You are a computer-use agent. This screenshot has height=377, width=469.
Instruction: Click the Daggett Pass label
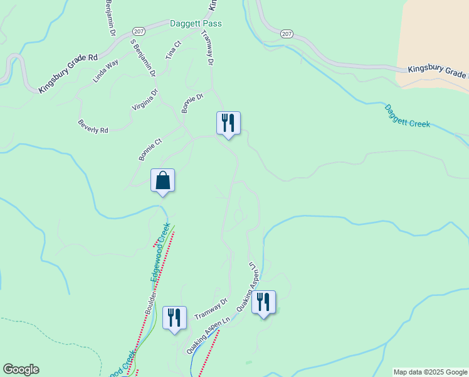pos(196,24)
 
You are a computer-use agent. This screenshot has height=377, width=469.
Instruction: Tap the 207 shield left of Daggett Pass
pos(139,31)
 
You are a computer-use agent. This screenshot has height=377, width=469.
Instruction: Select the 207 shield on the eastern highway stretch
pos(287,34)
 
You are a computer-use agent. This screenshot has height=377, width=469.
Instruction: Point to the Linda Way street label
pos(105,72)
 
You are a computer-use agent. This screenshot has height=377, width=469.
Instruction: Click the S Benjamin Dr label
pos(142,58)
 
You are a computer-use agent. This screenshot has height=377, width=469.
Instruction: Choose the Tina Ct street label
pos(173,50)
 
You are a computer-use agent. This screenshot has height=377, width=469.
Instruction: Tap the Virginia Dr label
pos(145,99)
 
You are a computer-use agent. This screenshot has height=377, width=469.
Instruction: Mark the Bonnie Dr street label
pos(193,103)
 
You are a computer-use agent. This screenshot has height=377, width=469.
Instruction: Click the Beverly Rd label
pos(93,126)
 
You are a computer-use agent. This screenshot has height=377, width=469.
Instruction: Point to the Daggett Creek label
pos(407,116)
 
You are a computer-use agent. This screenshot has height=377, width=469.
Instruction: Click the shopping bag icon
pos(162,180)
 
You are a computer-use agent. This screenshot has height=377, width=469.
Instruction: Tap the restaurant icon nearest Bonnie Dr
pos(228,123)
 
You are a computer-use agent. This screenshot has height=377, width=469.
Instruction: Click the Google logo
pos(21,369)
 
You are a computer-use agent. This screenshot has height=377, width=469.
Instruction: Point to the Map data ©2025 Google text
pos(430,372)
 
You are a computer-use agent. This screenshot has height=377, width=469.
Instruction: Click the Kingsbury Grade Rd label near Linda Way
pos(68,74)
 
